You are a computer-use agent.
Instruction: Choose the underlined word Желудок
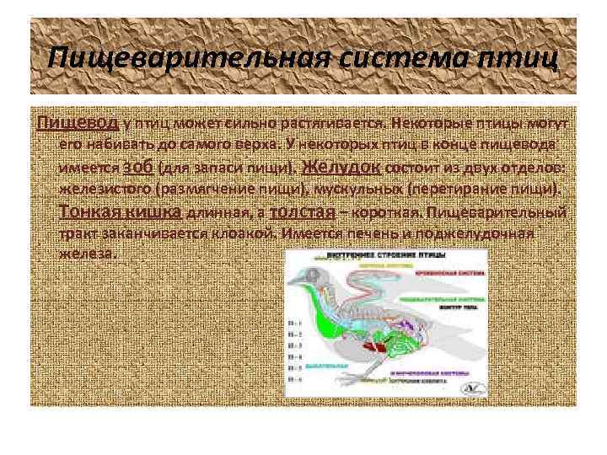(343, 166)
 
